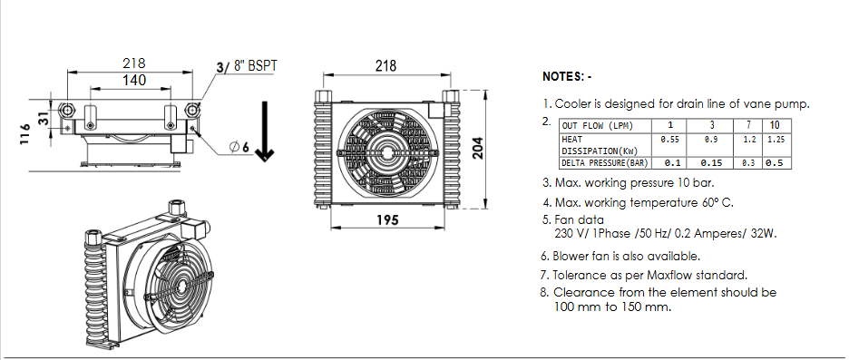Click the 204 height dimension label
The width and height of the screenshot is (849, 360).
(477, 147)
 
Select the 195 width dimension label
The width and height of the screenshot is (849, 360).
(387, 220)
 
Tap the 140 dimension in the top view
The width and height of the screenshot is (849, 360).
(133, 80)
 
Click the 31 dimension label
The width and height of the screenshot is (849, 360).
(44, 118)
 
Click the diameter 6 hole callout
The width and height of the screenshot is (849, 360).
(239, 147)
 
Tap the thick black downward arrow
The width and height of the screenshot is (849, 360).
(265, 131)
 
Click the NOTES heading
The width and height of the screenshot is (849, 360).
(567, 77)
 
